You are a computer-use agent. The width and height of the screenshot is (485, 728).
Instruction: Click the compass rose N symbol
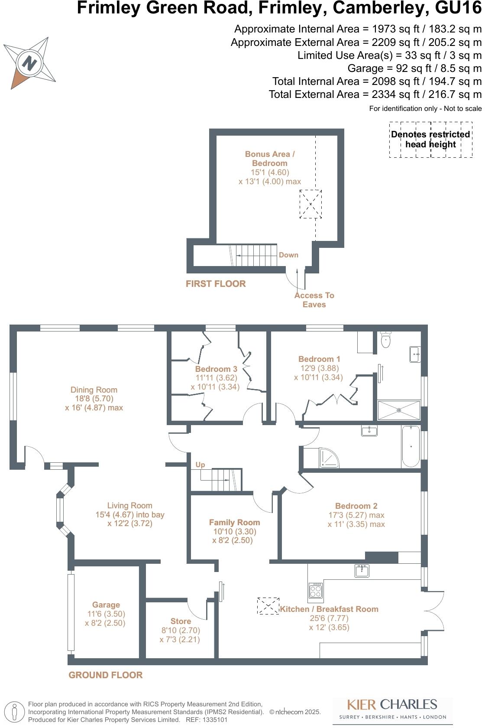[x=29, y=63]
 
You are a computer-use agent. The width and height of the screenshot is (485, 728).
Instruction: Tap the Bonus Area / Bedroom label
[x=269, y=159]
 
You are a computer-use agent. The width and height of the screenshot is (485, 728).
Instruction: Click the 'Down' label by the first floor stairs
[x=288, y=255]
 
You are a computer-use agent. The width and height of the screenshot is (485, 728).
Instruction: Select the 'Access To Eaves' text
[x=314, y=300]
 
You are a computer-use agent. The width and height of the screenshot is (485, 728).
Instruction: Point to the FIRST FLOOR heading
[x=216, y=284]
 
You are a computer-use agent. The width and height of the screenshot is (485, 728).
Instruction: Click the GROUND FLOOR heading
[x=106, y=675]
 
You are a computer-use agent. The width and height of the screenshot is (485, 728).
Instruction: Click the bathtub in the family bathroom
[x=411, y=446]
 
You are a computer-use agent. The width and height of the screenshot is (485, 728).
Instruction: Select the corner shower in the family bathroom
[x=329, y=458]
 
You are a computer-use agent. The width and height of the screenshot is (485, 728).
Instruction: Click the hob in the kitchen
[x=316, y=591]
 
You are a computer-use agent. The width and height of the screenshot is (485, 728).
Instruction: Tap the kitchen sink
[x=362, y=571]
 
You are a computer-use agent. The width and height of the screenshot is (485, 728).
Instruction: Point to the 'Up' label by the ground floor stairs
[x=200, y=465]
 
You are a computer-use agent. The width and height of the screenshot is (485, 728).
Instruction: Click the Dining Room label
[x=94, y=390]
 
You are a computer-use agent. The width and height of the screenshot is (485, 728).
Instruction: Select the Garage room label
[x=106, y=605]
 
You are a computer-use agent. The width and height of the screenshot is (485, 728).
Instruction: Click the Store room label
[x=181, y=621]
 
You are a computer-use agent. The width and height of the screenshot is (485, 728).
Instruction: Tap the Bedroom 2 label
[x=356, y=506]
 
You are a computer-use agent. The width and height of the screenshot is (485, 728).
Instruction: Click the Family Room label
[x=234, y=523]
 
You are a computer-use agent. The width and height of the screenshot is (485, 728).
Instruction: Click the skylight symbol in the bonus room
[x=310, y=204]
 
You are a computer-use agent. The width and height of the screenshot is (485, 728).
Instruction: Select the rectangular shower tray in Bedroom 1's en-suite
[x=399, y=410]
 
